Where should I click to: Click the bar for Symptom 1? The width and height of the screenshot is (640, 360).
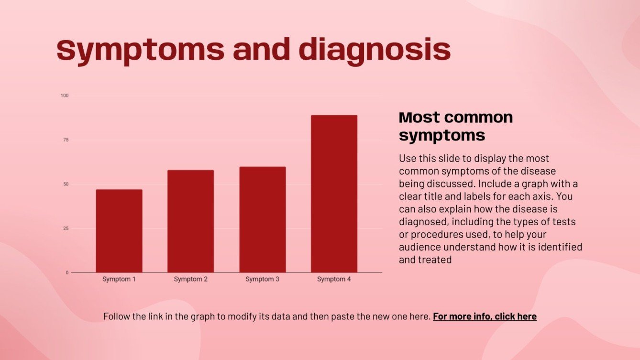click(119, 231)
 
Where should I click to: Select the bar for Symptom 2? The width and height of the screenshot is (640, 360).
click(190, 221)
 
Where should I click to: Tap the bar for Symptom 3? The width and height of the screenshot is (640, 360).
click(262, 219)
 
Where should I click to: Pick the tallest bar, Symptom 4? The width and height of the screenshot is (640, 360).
click(334, 194)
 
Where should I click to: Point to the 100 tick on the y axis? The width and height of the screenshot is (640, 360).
click(65, 96)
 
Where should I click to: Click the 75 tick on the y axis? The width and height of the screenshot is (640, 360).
click(66, 140)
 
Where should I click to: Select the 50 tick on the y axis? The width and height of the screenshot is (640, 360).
click(66, 184)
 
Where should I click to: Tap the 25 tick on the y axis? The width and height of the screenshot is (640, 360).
click(66, 229)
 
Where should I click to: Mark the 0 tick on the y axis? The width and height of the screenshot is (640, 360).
click(67, 273)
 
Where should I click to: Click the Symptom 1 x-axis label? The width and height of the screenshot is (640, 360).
click(119, 279)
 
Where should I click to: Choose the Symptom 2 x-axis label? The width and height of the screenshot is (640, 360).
click(190, 279)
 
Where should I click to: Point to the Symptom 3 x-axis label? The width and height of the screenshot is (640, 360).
click(262, 279)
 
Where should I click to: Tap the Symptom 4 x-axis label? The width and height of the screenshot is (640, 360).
click(334, 279)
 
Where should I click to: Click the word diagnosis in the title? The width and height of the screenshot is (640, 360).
click(375, 50)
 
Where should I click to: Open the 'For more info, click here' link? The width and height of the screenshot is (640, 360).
click(485, 316)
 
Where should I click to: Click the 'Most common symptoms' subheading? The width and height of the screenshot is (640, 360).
click(455, 126)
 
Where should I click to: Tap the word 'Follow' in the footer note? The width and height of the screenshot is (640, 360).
click(116, 316)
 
